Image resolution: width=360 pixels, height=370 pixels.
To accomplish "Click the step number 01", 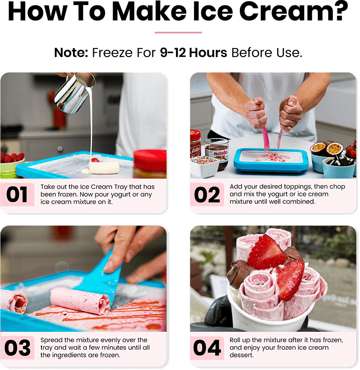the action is [x=17, y=194].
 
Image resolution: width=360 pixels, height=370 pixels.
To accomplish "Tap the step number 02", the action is [x=207, y=195].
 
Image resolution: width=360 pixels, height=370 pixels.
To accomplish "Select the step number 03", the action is [x=18, y=348].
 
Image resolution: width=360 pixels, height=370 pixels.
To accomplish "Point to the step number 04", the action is [x=207, y=348].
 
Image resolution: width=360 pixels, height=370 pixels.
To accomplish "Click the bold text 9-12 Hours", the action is [x=193, y=53].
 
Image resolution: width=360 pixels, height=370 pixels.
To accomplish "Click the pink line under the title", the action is [x=178, y=32].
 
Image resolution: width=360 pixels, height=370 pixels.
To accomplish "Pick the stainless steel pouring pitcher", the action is [x=74, y=92].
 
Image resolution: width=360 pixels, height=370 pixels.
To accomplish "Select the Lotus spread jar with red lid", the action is [x=195, y=144].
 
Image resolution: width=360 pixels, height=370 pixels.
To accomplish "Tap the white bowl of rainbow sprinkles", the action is [x=204, y=166].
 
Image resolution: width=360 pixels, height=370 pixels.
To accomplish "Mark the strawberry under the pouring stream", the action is [x=95, y=160].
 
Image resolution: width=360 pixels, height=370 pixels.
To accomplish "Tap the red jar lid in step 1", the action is [x=150, y=161].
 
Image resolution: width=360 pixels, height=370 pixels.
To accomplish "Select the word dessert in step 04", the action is [x=241, y=355].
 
